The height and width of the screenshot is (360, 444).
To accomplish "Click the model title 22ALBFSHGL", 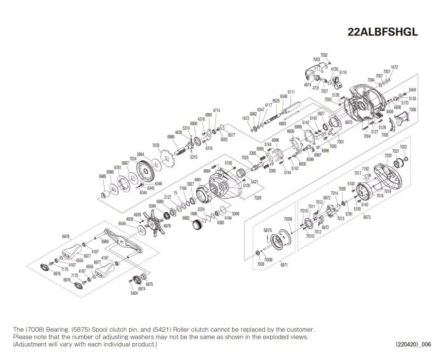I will click(383, 32).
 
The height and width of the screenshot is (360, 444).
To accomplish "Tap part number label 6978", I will click(66, 236).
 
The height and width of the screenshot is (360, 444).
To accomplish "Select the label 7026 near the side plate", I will click(257, 198).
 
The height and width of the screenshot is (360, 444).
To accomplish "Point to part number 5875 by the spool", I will click(268, 230).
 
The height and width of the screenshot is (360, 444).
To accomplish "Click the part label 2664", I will click(140, 154).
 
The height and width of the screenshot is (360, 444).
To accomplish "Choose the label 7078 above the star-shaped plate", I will click(155, 145).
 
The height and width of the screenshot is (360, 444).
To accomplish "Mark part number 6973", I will click(367, 217).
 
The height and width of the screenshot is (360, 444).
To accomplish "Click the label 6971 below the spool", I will click(284, 265).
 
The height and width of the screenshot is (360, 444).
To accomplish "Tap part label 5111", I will click(291, 92).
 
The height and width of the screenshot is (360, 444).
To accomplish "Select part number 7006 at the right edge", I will click(413, 110).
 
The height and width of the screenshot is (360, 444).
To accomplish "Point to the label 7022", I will click(403, 147).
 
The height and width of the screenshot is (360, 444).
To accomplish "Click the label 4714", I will click(216, 110).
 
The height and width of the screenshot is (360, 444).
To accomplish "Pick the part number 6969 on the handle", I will click(105, 241).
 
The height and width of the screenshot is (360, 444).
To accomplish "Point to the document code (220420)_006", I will click(413, 344).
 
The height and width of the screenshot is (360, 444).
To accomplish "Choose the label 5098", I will click(236, 214).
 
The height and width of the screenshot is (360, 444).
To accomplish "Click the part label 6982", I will click(186, 218).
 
